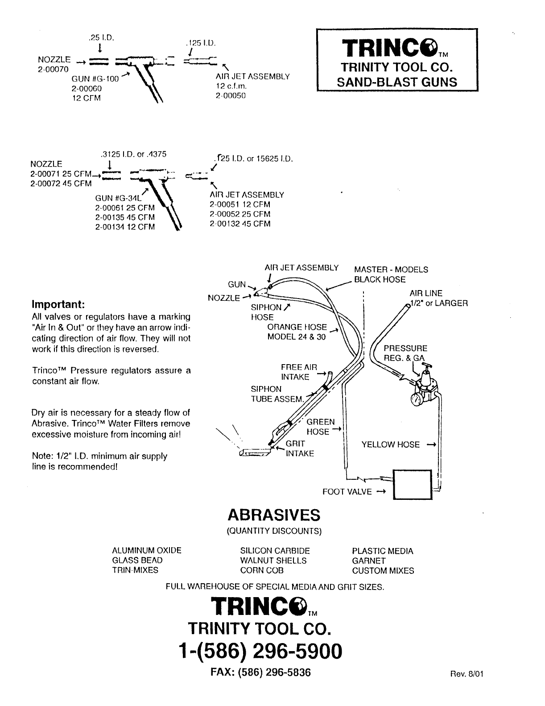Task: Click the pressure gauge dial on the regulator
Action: [x=417, y=399]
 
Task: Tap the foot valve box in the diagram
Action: [x=412, y=484]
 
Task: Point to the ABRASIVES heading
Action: [x=274, y=515]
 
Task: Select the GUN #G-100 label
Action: [x=95, y=79]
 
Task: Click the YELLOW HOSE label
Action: [x=390, y=444]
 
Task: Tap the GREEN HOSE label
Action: [x=320, y=427]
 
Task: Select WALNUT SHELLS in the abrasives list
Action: [x=273, y=561]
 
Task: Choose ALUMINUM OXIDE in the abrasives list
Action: [x=146, y=551]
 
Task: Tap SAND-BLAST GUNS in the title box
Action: [x=397, y=82]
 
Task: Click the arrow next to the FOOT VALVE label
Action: [x=380, y=492]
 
